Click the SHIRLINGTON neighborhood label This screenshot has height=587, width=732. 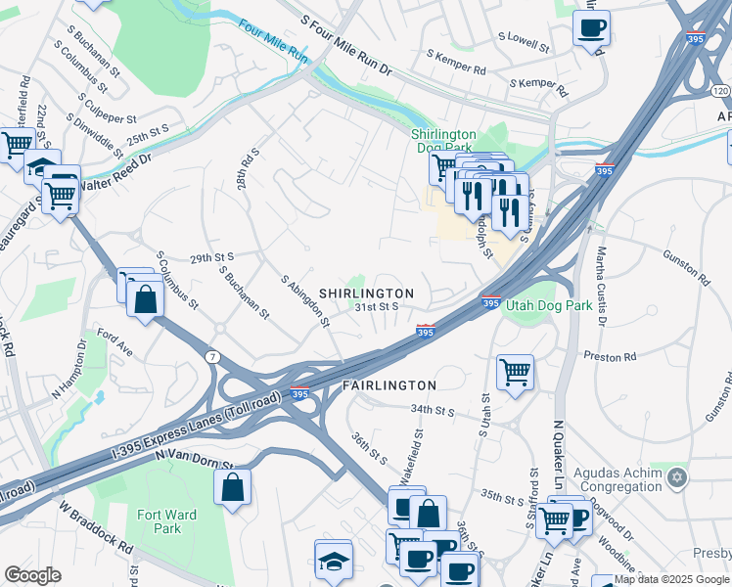click(366, 293)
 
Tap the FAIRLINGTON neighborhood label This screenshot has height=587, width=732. click(389, 385)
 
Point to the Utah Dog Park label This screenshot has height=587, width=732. click(549, 305)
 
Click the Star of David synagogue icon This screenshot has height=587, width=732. click(677, 477)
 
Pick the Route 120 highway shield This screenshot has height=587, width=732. click(721, 90)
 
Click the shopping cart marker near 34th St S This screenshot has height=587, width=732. click(515, 372)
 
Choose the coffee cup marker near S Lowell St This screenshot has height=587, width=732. click(591, 28)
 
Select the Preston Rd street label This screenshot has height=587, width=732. click(610, 357)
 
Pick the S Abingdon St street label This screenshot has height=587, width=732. click(305, 302)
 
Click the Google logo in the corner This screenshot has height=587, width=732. click(33, 574)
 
